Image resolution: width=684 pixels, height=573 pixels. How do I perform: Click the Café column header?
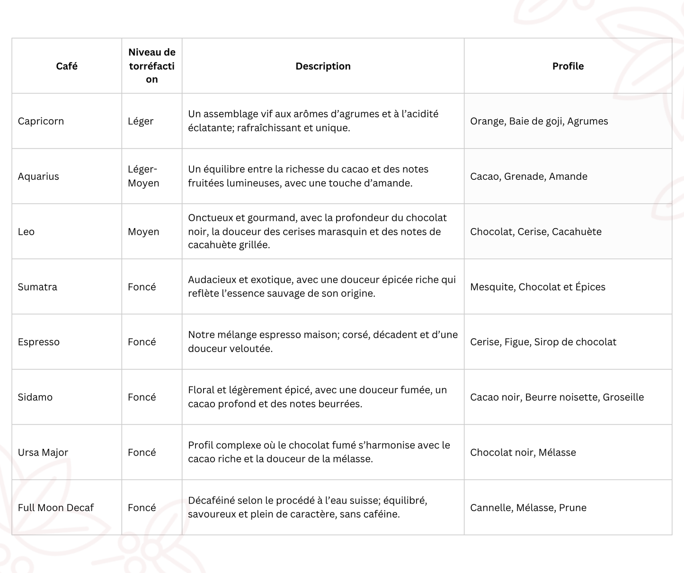click(x=67, y=66)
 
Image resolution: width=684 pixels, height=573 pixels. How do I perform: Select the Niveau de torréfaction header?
click(x=152, y=66)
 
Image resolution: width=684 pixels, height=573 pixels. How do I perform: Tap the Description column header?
click(x=323, y=66)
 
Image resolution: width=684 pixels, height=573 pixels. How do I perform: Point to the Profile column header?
click(x=568, y=66)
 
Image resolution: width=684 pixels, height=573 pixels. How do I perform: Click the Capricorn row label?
click(x=41, y=121)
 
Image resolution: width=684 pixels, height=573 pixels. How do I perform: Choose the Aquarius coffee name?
click(x=38, y=176)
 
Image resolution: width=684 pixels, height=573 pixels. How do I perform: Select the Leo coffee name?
click(x=26, y=232)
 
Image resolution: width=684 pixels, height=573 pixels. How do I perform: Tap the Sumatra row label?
click(x=37, y=287)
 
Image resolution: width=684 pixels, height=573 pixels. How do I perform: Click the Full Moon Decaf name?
click(x=56, y=508)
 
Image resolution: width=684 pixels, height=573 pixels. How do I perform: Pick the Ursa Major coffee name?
click(x=43, y=452)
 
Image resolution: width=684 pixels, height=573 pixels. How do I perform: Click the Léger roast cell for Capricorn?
click(x=141, y=121)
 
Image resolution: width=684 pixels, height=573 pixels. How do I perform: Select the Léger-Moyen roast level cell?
click(x=143, y=176)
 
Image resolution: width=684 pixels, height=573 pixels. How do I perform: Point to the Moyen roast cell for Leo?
click(x=143, y=232)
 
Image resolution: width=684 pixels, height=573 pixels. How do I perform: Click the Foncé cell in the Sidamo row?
click(x=142, y=397)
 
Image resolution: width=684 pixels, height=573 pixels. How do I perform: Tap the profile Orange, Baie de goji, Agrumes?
click(x=539, y=121)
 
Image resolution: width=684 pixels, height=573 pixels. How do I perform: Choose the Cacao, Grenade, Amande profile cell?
click(x=528, y=176)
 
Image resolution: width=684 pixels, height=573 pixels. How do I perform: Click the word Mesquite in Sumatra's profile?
click(x=492, y=287)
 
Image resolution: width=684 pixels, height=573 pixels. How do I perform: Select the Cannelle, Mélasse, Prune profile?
click(x=528, y=508)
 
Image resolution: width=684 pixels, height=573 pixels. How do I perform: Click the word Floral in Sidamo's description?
click(x=201, y=390)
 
